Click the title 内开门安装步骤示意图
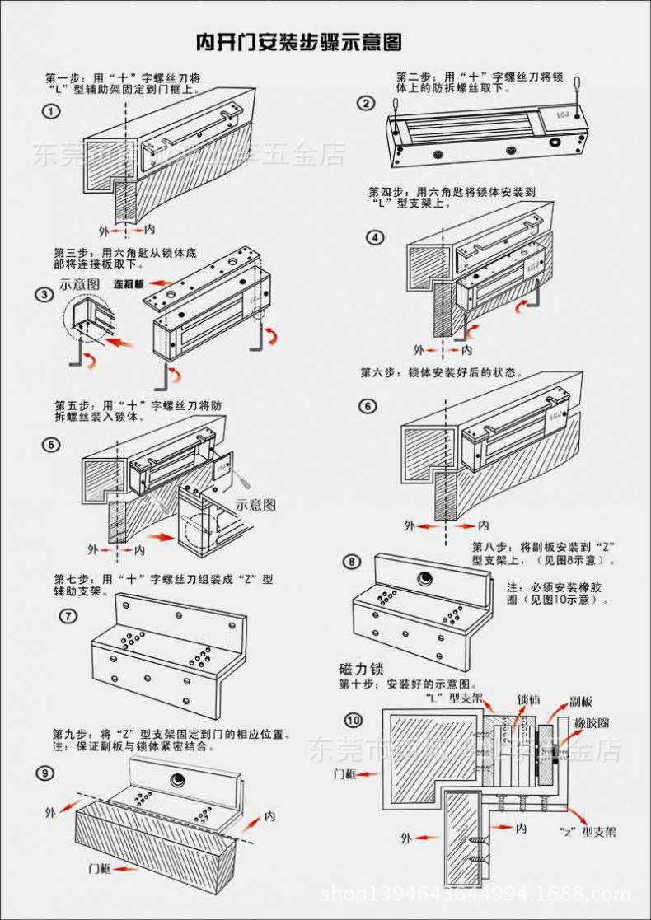click(x=298, y=42)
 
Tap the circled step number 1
click(x=52, y=110)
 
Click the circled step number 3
click(x=43, y=294)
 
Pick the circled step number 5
click(x=52, y=446)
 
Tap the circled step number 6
click(x=368, y=405)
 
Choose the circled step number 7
click(x=69, y=614)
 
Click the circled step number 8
click(x=353, y=562)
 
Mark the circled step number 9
click(x=47, y=772)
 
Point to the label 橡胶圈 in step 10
click(x=592, y=722)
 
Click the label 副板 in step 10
click(x=580, y=702)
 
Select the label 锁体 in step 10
click(x=528, y=700)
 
